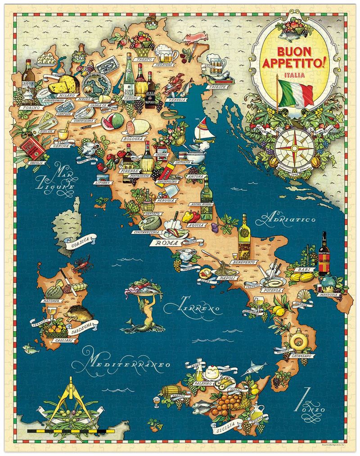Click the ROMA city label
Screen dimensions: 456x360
[163, 244]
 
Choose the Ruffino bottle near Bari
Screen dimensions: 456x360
[324, 254]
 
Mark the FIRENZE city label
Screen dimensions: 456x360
[128, 172]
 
